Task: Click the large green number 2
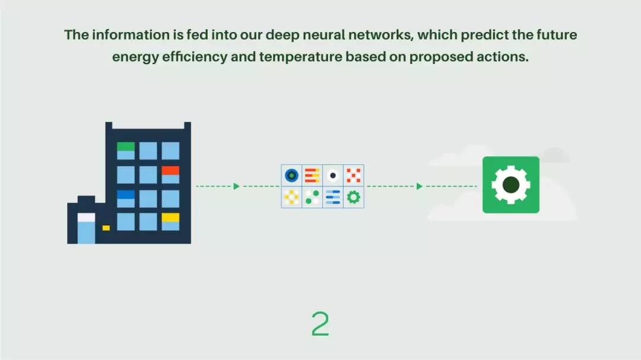pos(320,324)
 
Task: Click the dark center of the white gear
pos(510,184)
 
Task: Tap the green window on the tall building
pos(126,146)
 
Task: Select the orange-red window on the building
pos(170,171)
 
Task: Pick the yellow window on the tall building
pos(170,218)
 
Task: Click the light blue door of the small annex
pos(86,230)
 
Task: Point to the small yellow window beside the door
pos(106,228)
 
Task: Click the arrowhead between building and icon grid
pos(236,186)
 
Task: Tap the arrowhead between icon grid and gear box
pos(420,186)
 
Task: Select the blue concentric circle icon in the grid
pos(291,175)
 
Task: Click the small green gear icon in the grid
pos(354,197)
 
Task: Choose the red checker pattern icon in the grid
pos(354,175)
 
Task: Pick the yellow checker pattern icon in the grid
pos(291,197)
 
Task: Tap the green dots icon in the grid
pos(312,197)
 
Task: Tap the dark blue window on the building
pos(126,195)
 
